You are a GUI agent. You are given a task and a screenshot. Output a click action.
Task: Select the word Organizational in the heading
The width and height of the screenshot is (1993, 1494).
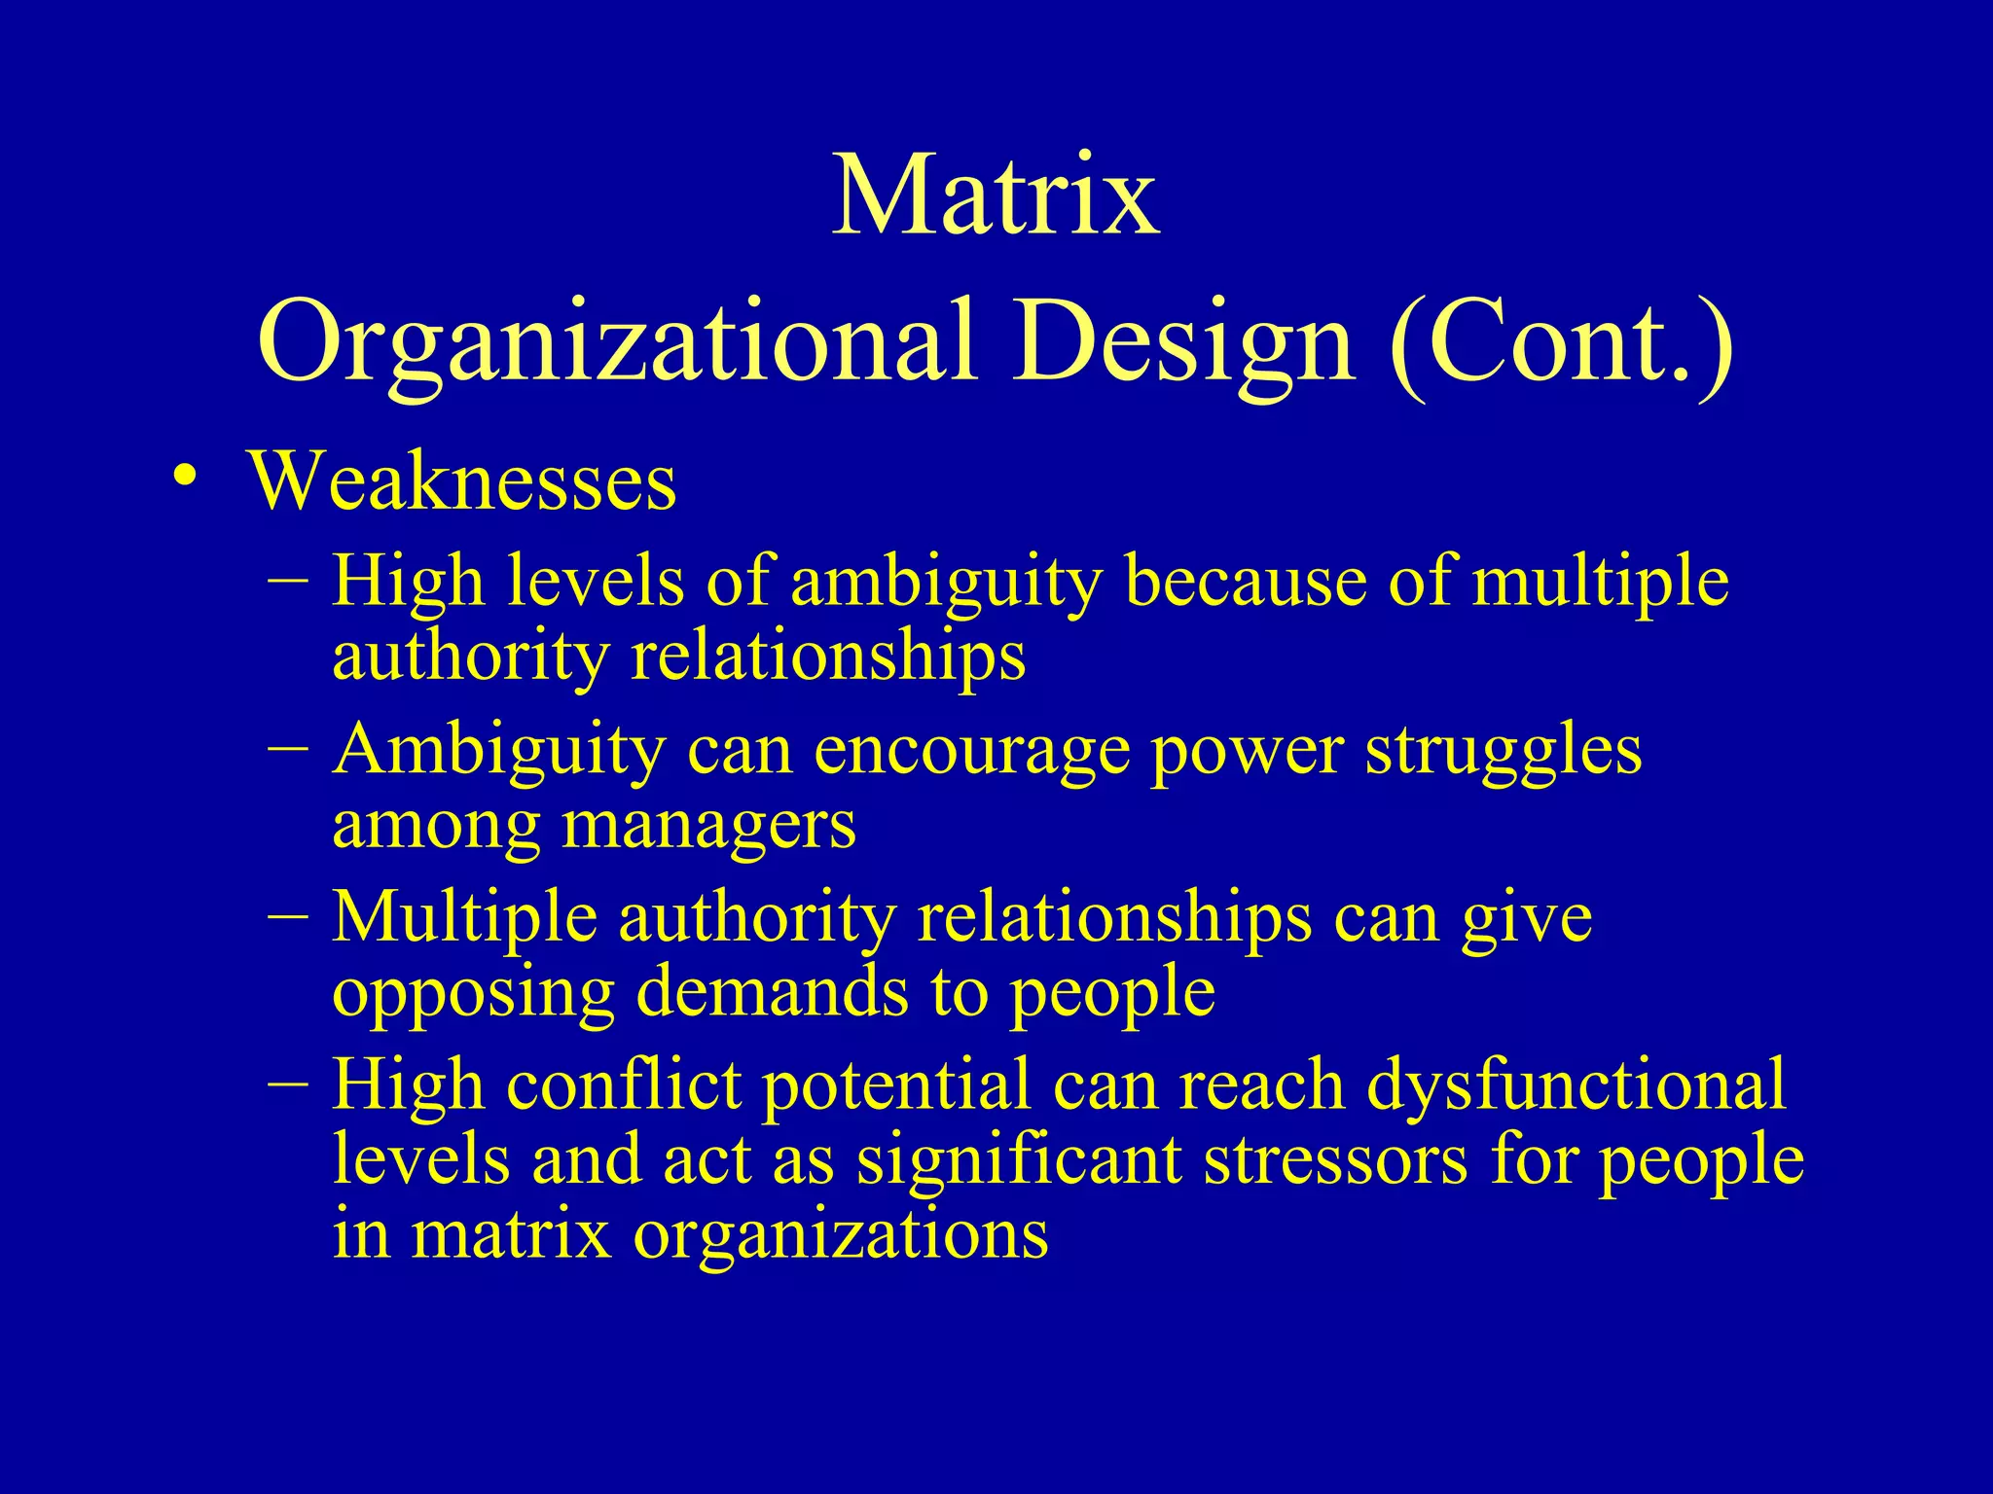point(617,340)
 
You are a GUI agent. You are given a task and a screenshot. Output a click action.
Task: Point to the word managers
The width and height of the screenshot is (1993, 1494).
point(709,827)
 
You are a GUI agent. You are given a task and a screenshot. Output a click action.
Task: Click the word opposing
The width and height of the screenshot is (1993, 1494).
point(473,994)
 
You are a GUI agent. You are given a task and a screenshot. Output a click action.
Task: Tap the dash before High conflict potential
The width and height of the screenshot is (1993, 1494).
point(289,1082)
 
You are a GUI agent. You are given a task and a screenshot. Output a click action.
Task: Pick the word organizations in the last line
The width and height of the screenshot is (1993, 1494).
point(841,1235)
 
